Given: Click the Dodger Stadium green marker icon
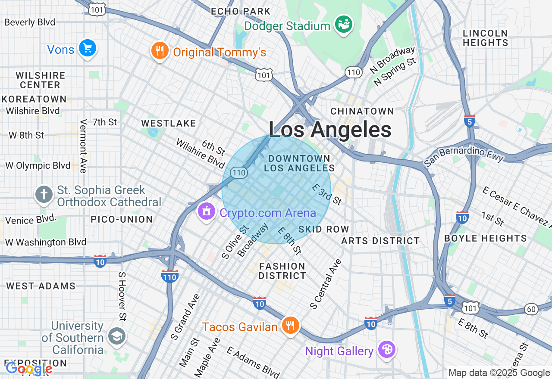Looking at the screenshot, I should (x=345, y=25).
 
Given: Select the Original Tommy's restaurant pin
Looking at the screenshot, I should (x=160, y=51).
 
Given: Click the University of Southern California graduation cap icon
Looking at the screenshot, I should (x=117, y=336).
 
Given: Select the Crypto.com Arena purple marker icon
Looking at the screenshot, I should (x=207, y=211).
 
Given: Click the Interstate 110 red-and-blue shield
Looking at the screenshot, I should (x=169, y=276).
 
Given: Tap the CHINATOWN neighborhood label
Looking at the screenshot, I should (x=362, y=111).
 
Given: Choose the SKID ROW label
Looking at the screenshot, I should (x=323, y=229).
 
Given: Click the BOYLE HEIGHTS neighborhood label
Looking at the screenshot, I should (x=485, y=238).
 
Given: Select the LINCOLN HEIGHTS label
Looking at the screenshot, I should (x=485, y=38).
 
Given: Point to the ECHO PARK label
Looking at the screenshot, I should (x=241, y=12).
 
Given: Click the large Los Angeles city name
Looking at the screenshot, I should (x=330, y=129).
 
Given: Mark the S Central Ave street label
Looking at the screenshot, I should (x=326, y=284).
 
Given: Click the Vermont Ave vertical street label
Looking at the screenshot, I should (x=83, y=146).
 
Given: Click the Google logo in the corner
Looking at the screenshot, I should (x=29, y=369).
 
